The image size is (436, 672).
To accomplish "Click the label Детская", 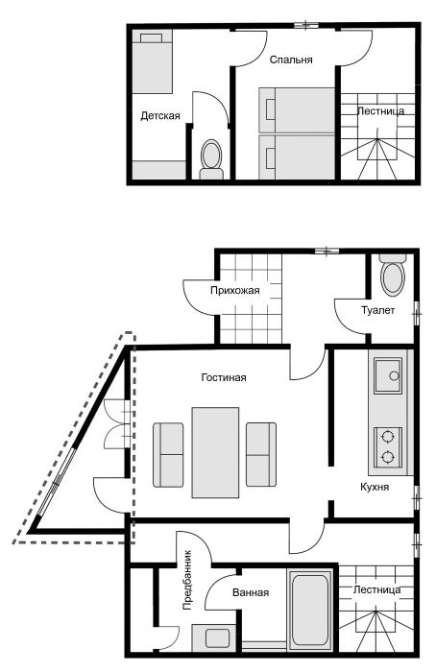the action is (160, 116).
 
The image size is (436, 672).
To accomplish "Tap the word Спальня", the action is (291, 60).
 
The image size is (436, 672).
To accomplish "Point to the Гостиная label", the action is (224, 377).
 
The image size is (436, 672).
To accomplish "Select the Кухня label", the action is (375, 487).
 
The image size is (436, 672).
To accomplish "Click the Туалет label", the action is (377, 310).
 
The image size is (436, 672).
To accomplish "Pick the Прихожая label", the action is (235, 291).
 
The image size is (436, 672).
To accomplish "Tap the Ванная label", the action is (251, 592).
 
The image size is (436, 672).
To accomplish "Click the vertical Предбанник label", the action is (187, 580).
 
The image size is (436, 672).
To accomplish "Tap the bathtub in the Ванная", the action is (309, 611).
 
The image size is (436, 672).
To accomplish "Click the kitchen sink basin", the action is (388, 376).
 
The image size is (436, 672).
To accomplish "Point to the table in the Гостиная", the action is (215, 452).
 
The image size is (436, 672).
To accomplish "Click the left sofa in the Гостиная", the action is (168, 455).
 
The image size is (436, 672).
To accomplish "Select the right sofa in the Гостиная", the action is (261, 454).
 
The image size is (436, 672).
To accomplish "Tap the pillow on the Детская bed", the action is (151, 38).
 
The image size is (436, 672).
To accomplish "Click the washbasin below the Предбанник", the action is (217, 638).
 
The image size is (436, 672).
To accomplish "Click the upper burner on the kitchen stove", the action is (388, 437).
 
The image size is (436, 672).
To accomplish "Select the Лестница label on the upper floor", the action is (380, 111).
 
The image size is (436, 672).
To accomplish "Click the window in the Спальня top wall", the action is (306, 25).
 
